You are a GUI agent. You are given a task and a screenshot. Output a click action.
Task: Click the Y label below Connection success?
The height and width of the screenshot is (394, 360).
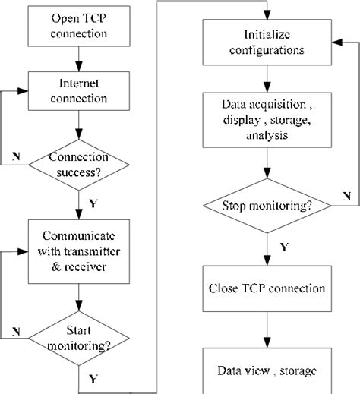click(93, 203)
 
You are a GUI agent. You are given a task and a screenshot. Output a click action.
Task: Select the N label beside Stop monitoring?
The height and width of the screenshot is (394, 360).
click(346, 195)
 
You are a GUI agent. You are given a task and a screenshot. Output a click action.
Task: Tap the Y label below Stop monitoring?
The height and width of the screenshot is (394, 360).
click(283, 246)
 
